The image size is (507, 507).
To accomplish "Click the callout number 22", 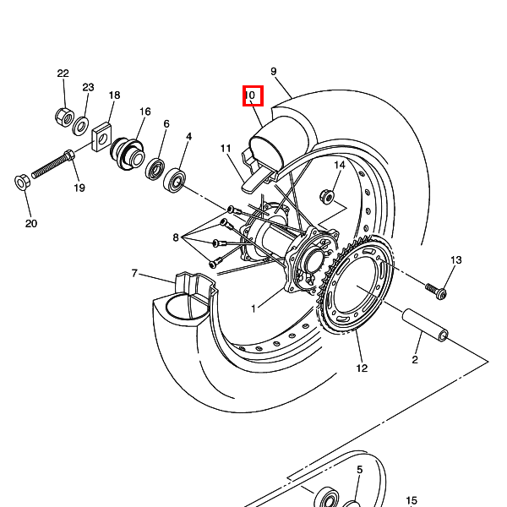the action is click(x=63, y=74).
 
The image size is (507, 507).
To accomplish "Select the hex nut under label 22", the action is click(x=65, y=117).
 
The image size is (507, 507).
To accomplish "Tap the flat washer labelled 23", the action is click(x=80, y=127).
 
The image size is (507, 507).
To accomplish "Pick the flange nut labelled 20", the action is click(x=22, y=183).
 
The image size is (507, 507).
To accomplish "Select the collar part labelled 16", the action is click(x=127, y=155).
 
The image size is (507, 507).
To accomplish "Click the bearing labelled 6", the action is click(x=155, y=169).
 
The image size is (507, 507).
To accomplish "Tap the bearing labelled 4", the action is click(x=175, y=180).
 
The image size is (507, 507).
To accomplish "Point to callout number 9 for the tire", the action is click(x=274, y=72).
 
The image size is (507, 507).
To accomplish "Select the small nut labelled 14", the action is click(x=326, y=196).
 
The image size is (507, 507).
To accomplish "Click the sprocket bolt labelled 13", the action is click(x=436, y=291).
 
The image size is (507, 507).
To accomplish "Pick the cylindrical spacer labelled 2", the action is click(x=425, y=324).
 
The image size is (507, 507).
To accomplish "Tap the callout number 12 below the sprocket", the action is click(x=362, y=368).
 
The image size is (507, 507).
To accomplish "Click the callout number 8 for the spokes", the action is click(x=176, y=237).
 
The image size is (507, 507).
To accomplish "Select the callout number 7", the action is click(x=134, y=273).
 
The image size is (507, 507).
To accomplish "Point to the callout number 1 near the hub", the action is click(x=253, y=308).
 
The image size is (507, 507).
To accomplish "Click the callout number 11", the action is click(x=226, y=149).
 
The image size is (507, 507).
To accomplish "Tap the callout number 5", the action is click(x=360, y=470).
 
